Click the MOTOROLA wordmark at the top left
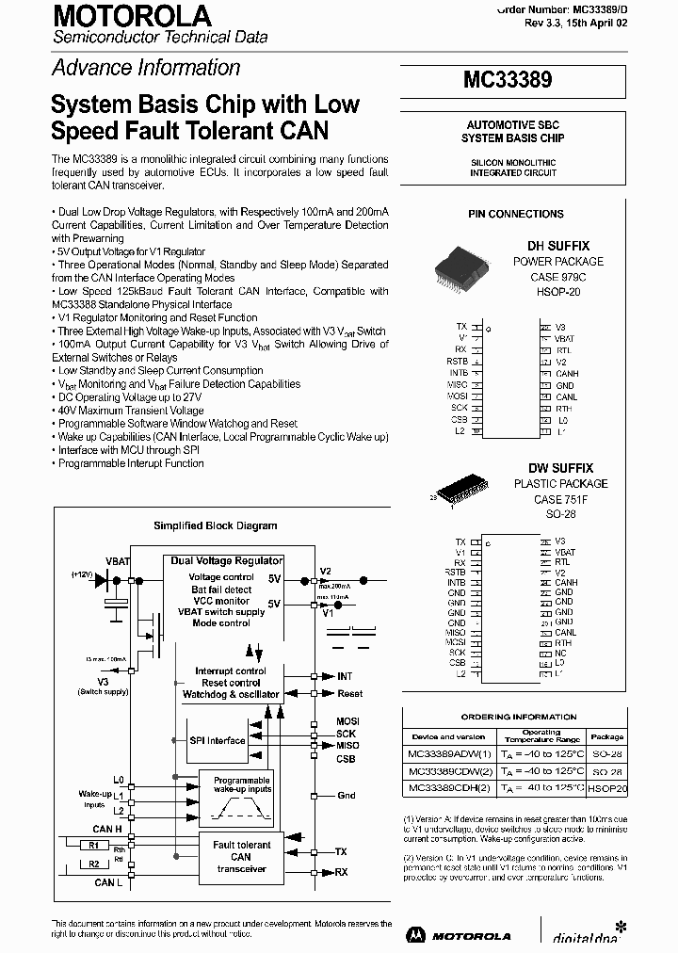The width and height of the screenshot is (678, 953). (x=131, y=16)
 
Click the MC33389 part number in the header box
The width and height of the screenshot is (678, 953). (x=508, y=81)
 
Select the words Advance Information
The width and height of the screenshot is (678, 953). (x=146, y=68)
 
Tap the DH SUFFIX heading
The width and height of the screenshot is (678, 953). (x=558, y=246)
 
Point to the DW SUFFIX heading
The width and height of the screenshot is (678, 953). (x=560, y=468)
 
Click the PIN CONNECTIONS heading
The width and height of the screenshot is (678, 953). (x=516, y=214)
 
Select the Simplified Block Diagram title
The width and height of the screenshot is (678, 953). (x=215, y=525)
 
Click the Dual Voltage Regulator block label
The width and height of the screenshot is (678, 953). (x=226, y=561)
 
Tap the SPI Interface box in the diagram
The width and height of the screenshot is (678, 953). (x=218, y=740)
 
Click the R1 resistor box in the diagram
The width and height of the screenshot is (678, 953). (x=95, y=845)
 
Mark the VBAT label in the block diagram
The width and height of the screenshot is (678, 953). (x=118, y=561)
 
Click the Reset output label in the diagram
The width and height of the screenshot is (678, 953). (x=349, y=694)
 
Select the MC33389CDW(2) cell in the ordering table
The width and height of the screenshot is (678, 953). (x=449, y=771)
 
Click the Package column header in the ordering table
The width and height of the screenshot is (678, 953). (x=606, y=737)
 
